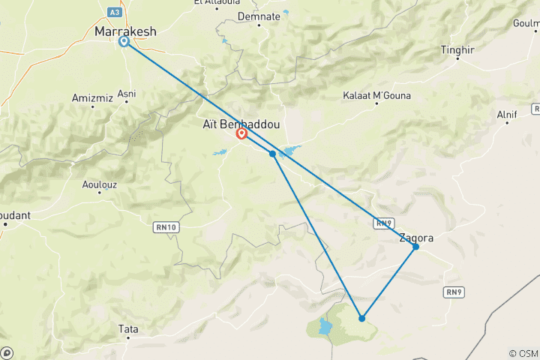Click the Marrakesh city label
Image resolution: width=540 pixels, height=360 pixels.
(x=125, y=31)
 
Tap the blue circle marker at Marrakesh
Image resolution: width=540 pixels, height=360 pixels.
(x=124, y=42)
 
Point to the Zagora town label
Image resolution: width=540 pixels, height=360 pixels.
(x=416, y=238)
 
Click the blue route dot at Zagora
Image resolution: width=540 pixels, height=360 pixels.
(x=415, y=247)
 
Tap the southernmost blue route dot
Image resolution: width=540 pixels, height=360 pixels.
(x=362, y=318)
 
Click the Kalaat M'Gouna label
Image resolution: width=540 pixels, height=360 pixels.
(x=376, y=96)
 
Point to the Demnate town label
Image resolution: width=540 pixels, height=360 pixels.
(x=258, y=16)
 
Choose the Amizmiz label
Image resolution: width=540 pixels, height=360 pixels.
(x=91, y=97)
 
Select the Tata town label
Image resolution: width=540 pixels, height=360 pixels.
(x=128, y=328)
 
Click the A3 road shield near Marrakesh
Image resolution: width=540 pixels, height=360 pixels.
(x=113, y=13)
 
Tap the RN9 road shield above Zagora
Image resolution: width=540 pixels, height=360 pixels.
(x=384, y=223)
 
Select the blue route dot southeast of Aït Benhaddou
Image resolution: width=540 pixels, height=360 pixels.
(x=272, y=153)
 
